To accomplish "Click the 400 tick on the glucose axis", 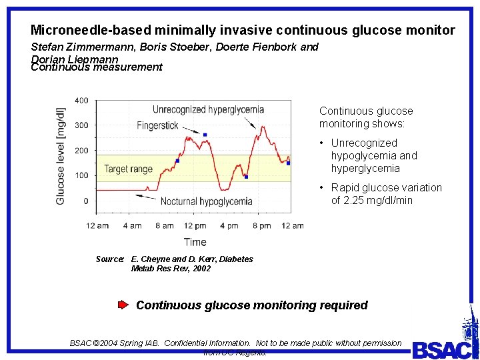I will tap(81, 101).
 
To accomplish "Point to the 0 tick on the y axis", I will tap(85, 201).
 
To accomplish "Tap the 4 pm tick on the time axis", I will tap(229, 226).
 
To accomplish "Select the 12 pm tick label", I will tap(195, 226).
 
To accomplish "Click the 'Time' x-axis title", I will tap(195, 242).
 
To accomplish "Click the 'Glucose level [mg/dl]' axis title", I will tap(61, 156).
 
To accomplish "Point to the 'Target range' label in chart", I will tap(128, 169).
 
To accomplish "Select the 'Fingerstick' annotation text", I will tap(158, 125).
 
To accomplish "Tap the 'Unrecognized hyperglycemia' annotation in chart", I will tap(208, 109).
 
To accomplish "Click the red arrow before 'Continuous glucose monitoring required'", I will tap(123, 305).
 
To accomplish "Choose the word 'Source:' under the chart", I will tap(110, 259).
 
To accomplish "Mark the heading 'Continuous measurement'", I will tap(97, 67).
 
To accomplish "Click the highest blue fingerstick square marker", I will tap(205, 135).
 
